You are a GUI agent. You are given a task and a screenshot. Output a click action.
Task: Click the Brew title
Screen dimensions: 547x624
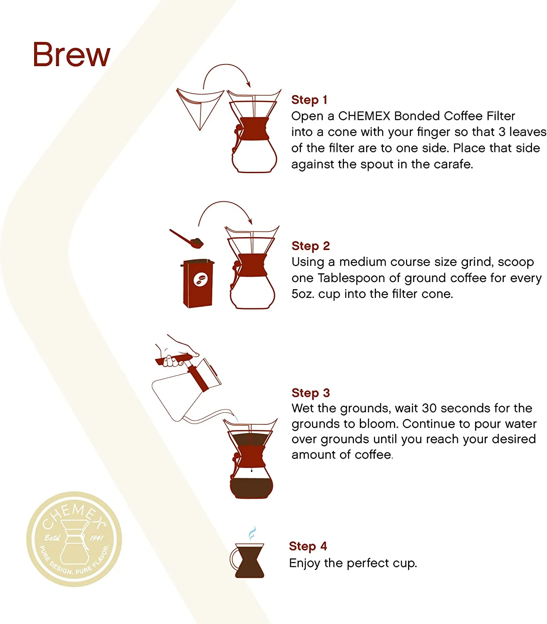(72, 54)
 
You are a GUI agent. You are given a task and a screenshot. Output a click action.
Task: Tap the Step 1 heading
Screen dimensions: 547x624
(309, 100)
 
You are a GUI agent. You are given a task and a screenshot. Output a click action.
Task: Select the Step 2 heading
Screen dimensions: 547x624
(310, 246)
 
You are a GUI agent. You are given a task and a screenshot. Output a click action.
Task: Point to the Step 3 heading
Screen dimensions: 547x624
(310, 393)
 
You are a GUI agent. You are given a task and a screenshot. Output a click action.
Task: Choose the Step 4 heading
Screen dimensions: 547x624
(308, 546)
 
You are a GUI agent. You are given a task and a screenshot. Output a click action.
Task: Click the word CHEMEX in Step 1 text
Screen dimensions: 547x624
(364, 116)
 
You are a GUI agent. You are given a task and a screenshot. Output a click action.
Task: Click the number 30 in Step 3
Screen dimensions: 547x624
(430, 408)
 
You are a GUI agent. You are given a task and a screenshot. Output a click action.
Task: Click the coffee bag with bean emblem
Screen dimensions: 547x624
(198, 283)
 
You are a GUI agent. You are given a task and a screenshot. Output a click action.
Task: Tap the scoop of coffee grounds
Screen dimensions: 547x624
(187, 238)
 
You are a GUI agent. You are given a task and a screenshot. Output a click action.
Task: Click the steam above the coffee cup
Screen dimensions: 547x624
(252, 533)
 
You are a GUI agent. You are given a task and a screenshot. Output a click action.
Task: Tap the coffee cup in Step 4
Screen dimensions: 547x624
(248, 560)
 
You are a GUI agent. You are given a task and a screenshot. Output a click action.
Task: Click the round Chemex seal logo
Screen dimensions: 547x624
(74, 539)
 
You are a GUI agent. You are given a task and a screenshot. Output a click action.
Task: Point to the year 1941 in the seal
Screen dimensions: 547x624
(97, 538)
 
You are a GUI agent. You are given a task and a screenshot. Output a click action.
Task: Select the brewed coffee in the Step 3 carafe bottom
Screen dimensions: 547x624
(251, 488)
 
